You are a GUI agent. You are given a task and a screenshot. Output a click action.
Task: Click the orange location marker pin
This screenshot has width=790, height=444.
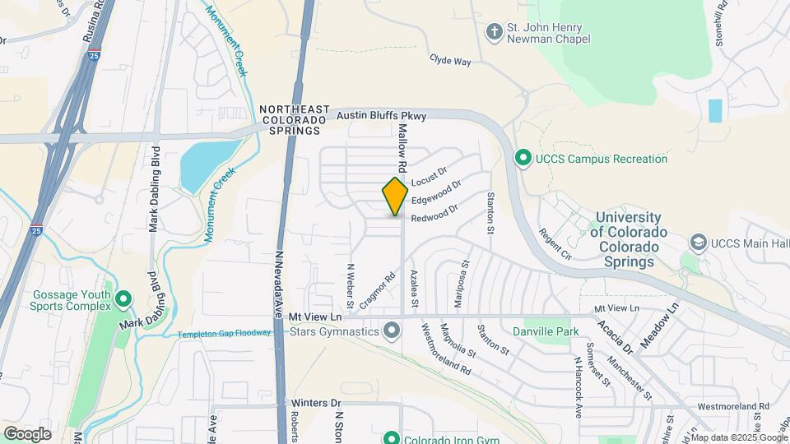click(395, 196)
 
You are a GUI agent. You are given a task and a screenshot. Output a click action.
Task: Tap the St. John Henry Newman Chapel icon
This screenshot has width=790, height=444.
click(494, 32)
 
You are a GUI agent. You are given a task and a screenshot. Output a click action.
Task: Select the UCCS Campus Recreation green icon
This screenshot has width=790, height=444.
click(522, 158)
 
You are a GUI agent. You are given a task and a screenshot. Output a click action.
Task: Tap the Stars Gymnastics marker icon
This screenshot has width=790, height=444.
click(392, 332)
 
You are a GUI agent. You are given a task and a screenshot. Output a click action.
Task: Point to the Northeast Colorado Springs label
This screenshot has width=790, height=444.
click(294, 120)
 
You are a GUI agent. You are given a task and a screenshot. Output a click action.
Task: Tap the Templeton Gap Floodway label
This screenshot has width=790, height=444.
click(225, 333)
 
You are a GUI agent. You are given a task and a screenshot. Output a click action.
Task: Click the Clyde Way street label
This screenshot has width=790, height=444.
click(450, 60)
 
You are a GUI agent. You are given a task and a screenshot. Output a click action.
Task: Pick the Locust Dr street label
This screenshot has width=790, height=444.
click(428, 177)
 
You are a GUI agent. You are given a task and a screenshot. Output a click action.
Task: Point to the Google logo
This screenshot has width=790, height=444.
click(27, 433)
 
